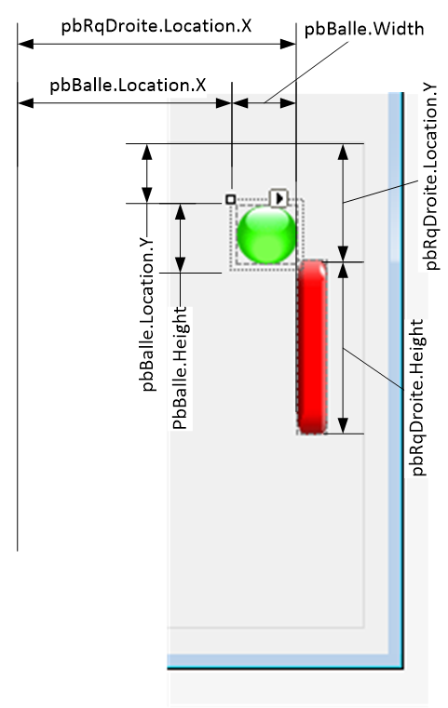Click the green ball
click(x=266, y=234)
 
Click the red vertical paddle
click(x=312, y=347)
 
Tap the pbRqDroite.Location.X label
click(x=156, y=27)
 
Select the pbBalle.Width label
click(x=364, y=30)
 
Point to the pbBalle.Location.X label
click(x=128, y=86)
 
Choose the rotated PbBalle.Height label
click(x=180, y=368)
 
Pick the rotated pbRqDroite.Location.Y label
click(x=430, y=176)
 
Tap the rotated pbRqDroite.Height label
click(x=417, y=398)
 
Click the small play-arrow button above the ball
click(x=278, y=198)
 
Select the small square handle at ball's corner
click(x=231, y=199)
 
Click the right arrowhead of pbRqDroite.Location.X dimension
click(x=288, y=44)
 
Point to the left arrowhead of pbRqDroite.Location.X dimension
click(x=26, y=44)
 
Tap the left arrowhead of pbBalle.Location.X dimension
click(x=26, y=103)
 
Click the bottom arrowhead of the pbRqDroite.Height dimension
click(x=343, y=425)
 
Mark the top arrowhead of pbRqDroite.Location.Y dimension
click(x=343, y=153)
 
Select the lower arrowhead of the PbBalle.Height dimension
click(x=181, y=264)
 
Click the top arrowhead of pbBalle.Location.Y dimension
click(x=147, y=153)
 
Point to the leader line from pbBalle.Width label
click(x=307, y=73)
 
